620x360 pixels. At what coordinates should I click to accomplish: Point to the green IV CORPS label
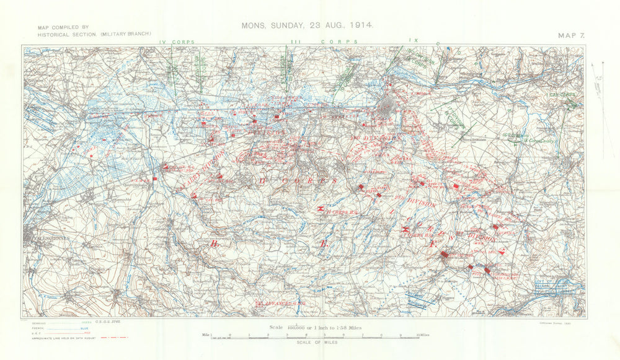(x=176, y=42)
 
